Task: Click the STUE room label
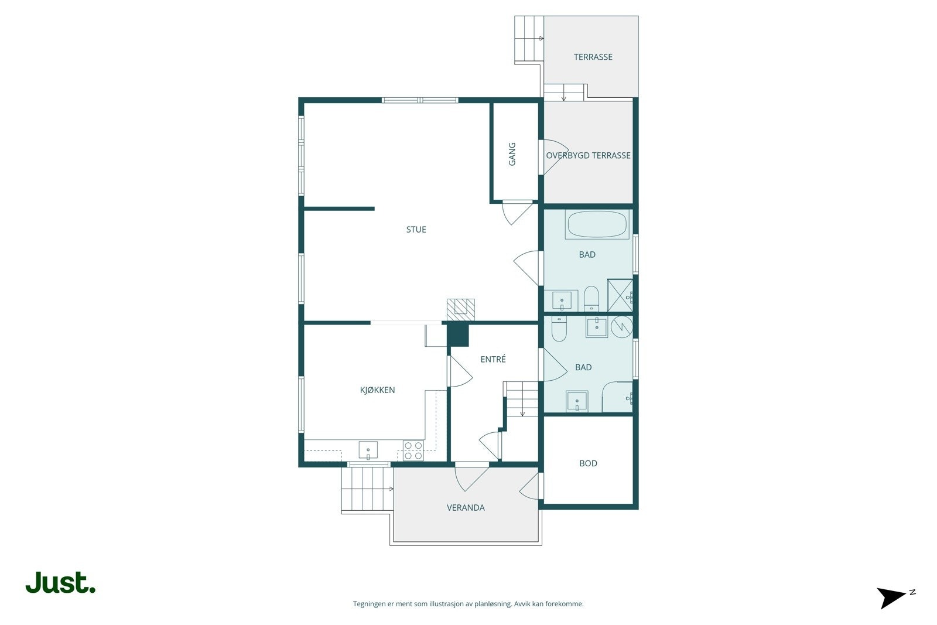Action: [416, 230]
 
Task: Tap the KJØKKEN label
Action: [377, 390]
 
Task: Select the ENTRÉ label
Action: [493, 360]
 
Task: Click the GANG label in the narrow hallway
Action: [512, 154]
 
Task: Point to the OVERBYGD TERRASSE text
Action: [588, 155]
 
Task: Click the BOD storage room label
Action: [588, 463]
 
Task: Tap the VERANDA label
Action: [466, 508]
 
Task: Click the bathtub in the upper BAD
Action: [597, 225]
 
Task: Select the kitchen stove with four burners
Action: [413, 450]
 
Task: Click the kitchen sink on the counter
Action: [368, 450]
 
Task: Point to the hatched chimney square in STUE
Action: [460, 309]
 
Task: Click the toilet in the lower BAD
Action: [559, 329]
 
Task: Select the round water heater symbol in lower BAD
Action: [621, 326]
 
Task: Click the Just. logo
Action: [60, 583]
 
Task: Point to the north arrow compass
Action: [893, 597]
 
